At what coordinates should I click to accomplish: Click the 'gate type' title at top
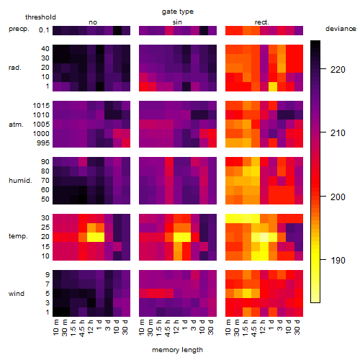(x=178, y=12)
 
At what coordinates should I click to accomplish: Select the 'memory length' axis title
(x=177, y=350)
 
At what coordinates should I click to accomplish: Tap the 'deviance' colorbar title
(x=341, y=29)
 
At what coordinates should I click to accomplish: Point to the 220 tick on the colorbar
(x=323, y=69)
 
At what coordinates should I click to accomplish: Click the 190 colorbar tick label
(x=338, y=260)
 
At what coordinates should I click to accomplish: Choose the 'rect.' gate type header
(x=261, y=22)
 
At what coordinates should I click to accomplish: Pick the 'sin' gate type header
(x=177, y=22)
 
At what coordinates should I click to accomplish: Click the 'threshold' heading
(x=40, y=17)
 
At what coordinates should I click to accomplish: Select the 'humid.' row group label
(x=20, y=181)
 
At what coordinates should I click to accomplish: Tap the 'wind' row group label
(x=17, y=294)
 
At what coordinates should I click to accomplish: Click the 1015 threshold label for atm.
(x=41, y=105)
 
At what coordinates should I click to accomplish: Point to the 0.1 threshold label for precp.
(x=44, y=30)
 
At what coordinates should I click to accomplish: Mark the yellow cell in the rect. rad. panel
(x=273, y=86)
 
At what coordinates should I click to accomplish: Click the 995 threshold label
(x=43, y=143)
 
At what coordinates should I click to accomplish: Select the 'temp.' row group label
(x=18, y=236)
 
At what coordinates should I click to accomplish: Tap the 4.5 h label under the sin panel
(x=168, y=328)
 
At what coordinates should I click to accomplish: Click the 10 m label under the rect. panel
(x=228, y=328)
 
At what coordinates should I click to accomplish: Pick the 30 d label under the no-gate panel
(x=125, y=328)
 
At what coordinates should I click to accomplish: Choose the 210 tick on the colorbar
(x=323, y=132)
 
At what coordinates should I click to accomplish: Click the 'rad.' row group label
(x=15, y=68)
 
